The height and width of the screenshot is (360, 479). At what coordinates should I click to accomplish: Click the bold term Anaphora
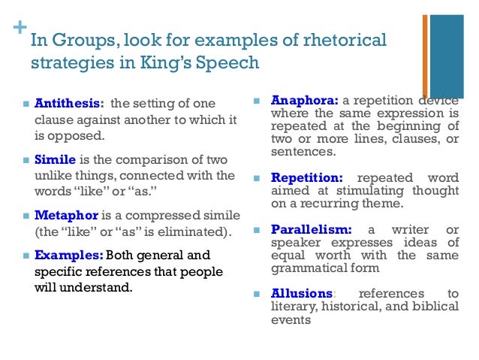[x=304, y=100]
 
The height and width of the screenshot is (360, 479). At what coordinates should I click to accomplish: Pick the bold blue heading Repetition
[x=306, y=178]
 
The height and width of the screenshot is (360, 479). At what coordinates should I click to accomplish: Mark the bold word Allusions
[x=302, y=293]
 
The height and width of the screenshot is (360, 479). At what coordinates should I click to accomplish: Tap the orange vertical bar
[x=425, y=56]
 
